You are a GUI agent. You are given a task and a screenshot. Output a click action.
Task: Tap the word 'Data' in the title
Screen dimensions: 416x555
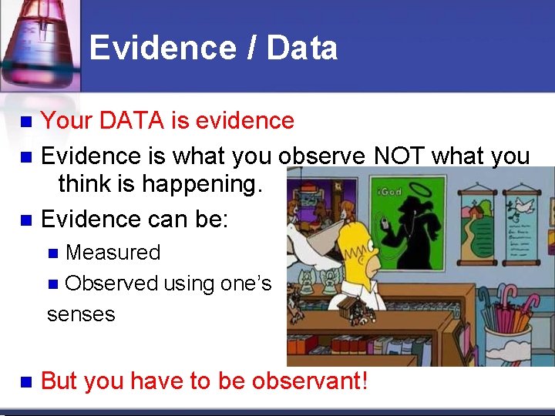tap(302, 48)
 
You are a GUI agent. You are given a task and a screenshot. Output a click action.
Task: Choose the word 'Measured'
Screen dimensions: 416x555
tap(113, 252)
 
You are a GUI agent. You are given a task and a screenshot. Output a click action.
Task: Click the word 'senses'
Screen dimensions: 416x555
tap(81, 314)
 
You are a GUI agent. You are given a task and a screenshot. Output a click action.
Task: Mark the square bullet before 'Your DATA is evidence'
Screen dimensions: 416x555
tap(25, 122)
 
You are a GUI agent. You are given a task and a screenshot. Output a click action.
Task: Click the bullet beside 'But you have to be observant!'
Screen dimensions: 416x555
tap(25, 381)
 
